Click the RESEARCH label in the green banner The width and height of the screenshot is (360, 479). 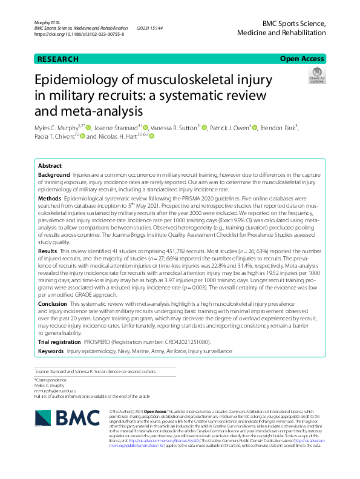pos(58,59)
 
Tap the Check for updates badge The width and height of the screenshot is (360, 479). pos(316,76)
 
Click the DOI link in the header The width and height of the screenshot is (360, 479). pos(79,35)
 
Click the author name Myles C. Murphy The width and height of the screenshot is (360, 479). pos(57,128)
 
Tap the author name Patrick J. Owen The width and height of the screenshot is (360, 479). pos(231,128)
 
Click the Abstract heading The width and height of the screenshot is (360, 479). pos(50,165)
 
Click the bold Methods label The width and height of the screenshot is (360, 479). pos(50,198)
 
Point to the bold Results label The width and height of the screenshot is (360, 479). pos(48,250)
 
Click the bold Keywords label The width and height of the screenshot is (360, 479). pos(51,351)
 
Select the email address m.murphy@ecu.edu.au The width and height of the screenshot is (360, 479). pos(54,391)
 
